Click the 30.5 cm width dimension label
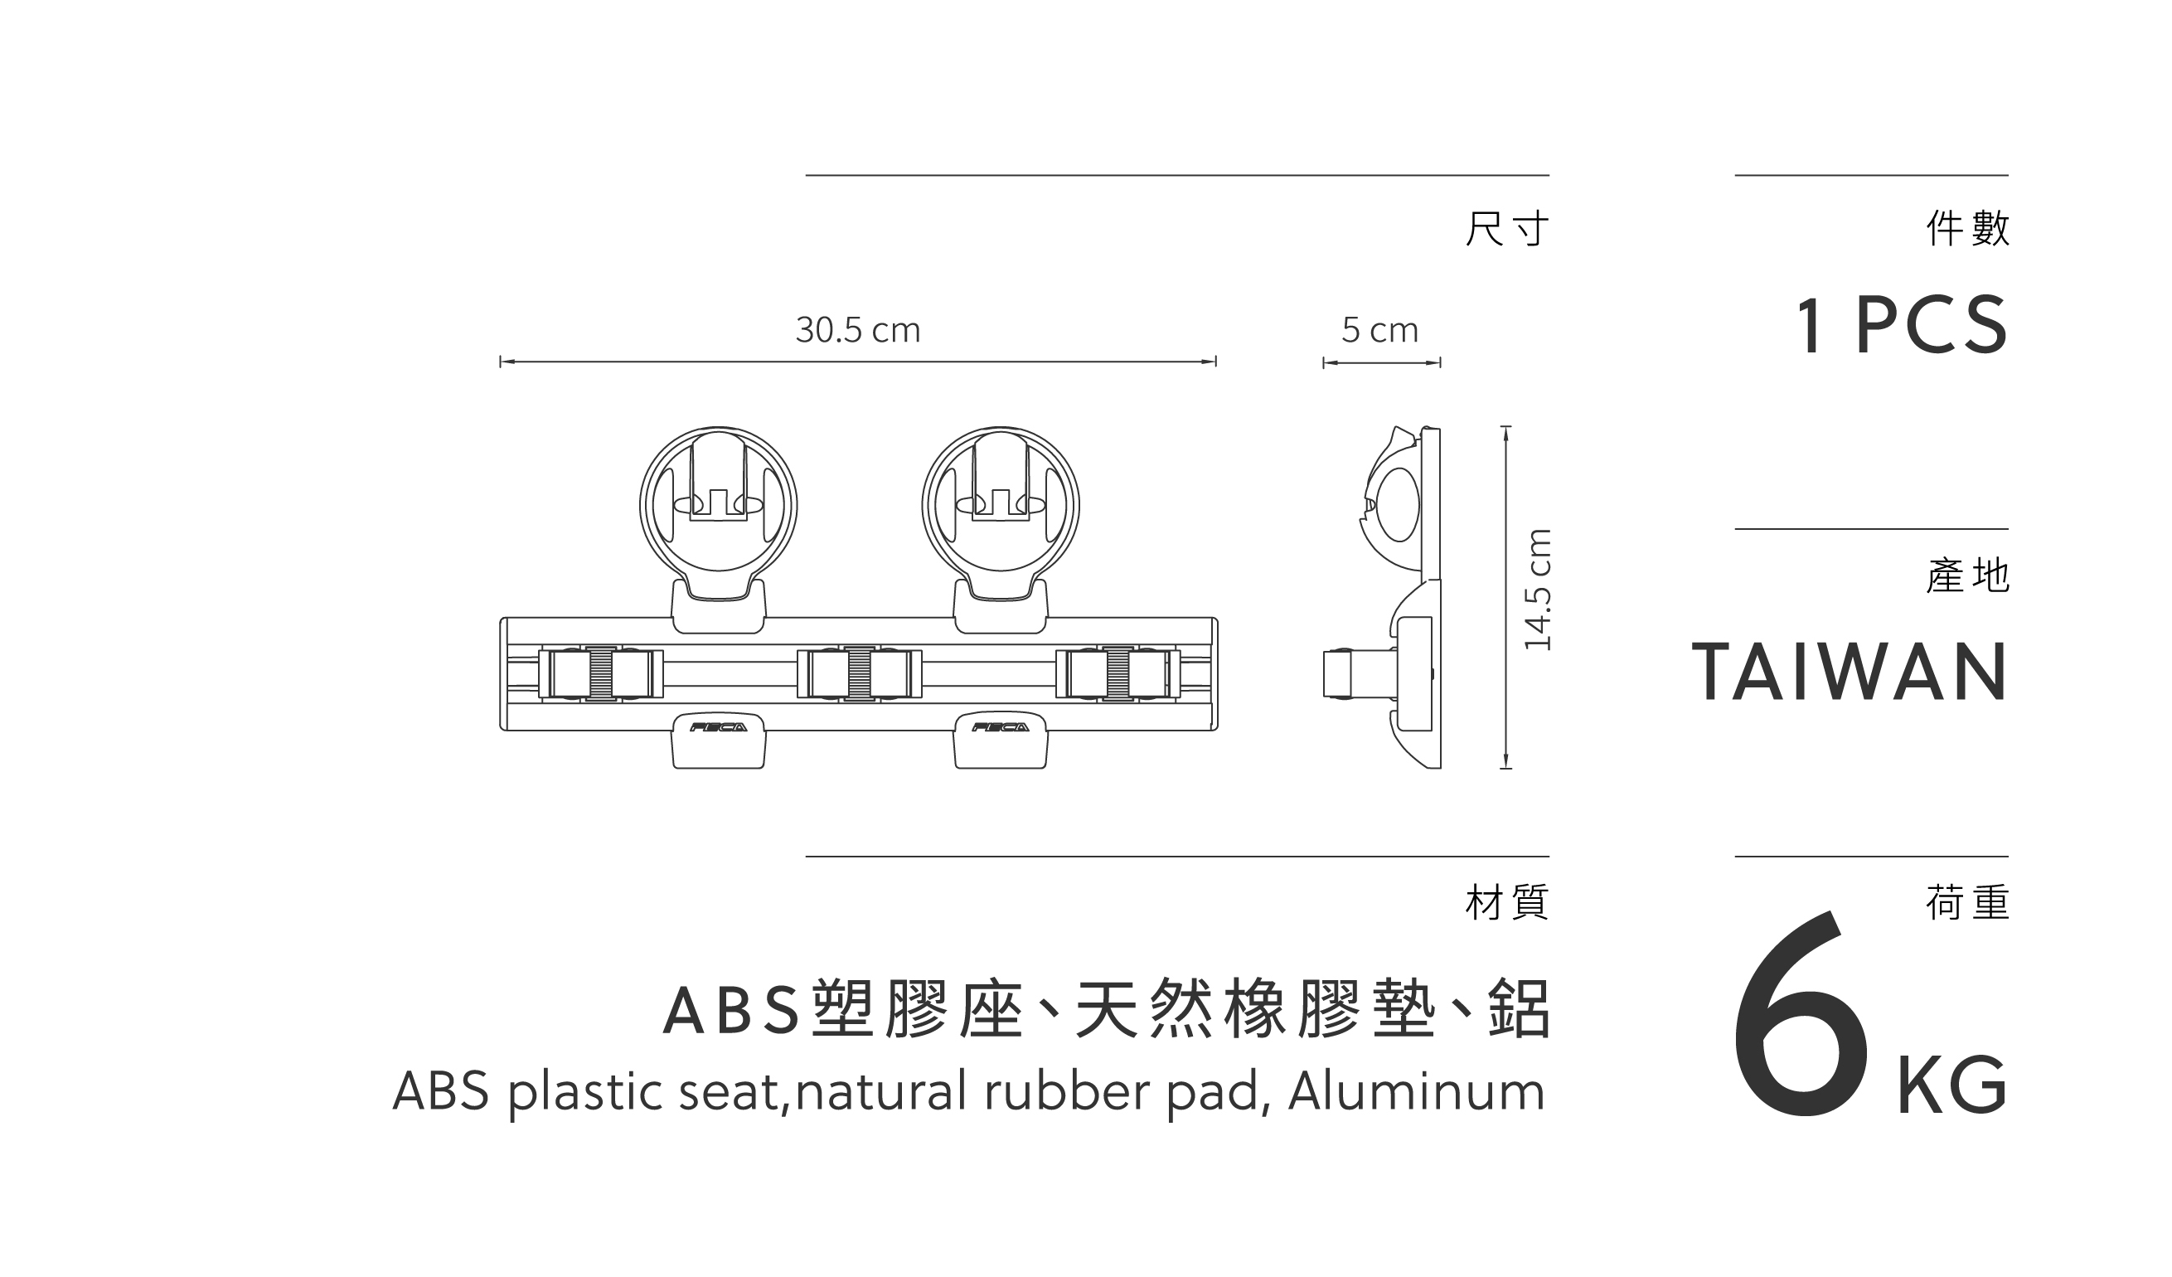857,330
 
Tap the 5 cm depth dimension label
1380,330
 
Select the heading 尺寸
1506,229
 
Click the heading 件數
1968,229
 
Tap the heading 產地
1968,576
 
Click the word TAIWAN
1850,672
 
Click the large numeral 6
1801,1022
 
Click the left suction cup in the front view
718,504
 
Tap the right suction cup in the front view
1000,504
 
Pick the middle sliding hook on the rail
860,673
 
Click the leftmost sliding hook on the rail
601,673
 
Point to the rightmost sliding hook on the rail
1118,673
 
